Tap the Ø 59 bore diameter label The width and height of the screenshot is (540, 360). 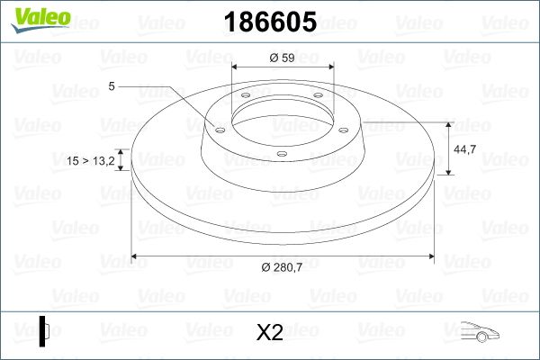pyautogui.click(x=283, y=58)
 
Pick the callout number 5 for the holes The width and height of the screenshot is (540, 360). pyautogui.click(x=111, y=86)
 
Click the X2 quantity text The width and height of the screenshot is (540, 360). pyautogui.click(x=269, y=333)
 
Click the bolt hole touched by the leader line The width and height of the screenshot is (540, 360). pyautogui.click(x=217, y=128)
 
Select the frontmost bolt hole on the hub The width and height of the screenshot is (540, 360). pyautogui.click(x=282, y=153)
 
